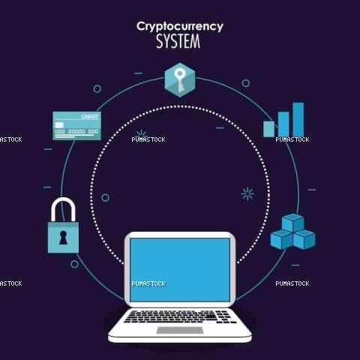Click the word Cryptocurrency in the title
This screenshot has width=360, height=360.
(x=180, y=27)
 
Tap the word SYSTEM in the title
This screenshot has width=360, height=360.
(x=178, y=41)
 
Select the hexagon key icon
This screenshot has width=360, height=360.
(x=180, y=79)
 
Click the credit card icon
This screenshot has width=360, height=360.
(x=77, y=126)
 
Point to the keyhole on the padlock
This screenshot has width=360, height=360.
(x=63, y=238)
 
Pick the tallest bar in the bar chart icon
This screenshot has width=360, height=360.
(x=298, y=119)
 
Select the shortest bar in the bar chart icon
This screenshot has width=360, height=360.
(x=269, y=129)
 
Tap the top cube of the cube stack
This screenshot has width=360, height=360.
(x=293, y=223)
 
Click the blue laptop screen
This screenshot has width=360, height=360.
(x=180, y=270)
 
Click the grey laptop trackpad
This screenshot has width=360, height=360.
(x=180, y=330)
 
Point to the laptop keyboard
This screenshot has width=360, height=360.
(x=180, y=316)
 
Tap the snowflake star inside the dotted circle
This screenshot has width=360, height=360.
(x=247, y=193)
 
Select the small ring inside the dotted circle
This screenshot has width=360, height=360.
(x=105, y=198)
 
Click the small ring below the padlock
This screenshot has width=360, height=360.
(x=74, y=264)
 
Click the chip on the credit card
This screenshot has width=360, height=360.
(x=59, y=125)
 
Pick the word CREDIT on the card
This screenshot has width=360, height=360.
(x=89, y=117)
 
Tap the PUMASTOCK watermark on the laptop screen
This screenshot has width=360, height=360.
(x=148, y=283)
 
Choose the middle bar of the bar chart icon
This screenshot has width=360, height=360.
(x=283, y=124)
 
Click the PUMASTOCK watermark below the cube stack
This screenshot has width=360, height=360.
(x=292, y=283)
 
